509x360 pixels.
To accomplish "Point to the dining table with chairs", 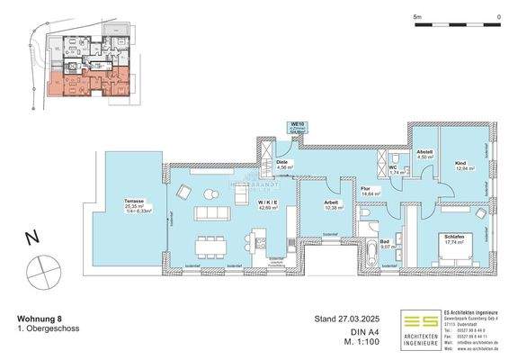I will coord(214,193).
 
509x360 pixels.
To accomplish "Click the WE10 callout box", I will coord(296,128).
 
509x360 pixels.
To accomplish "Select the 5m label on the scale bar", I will coord(417,16).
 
